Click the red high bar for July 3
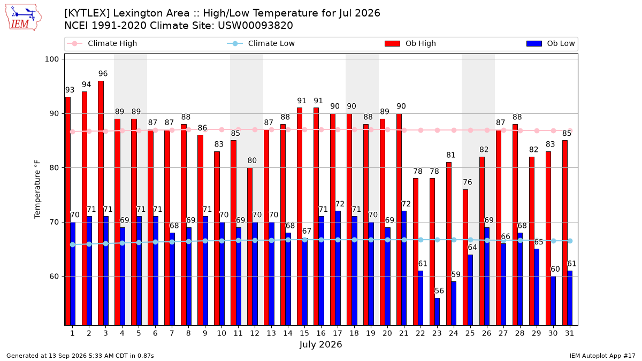coord(101,203)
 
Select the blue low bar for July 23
coord(437,312)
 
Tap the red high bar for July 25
coord(465,257)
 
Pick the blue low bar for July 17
coord(338,268)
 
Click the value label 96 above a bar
coord(103,74)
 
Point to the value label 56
coord(439,291)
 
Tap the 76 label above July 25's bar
coord(468,182)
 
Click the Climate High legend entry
coord(102,43)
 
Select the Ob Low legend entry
coord(551,43)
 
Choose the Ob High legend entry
coord(410,43)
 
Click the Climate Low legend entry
coord(261,43)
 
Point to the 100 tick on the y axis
coord(51,59)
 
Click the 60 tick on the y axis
coord(54,276)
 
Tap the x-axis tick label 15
coord(304,333)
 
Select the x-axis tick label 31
coord(569,333)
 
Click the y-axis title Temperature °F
coord(37,189)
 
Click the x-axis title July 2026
coord(320,344)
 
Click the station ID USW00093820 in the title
coord(255,26)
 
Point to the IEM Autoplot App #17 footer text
coord(602,356)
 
